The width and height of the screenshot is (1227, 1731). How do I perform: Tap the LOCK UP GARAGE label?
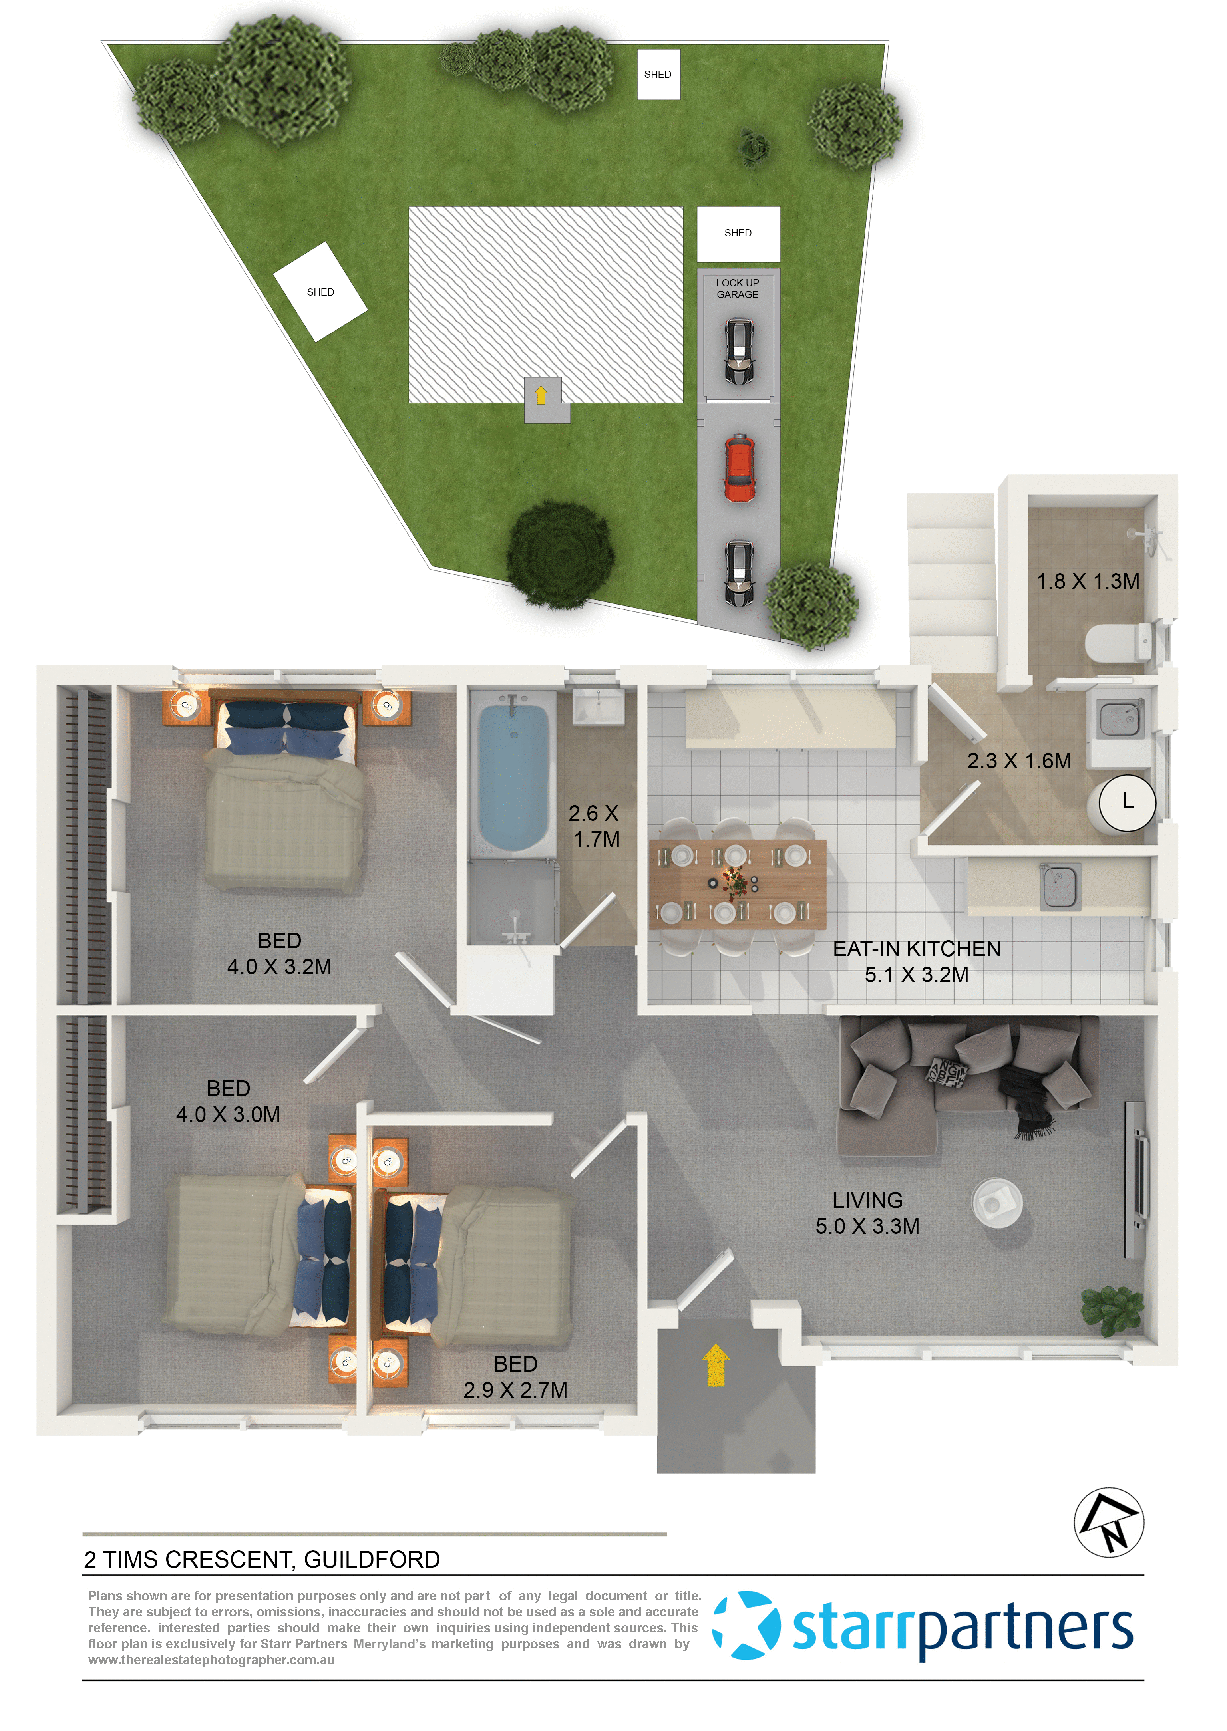[x=738, y=288]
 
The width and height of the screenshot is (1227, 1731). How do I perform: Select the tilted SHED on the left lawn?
[x=320, y=292]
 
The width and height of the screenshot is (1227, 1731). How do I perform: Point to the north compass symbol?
[x=1108, y=1522]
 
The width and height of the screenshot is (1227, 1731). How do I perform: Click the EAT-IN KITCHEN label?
[x=917, y=949]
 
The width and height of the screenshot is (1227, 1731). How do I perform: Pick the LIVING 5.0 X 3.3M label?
[x=867, y=1213]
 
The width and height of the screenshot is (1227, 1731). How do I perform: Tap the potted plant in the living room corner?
[x=1112, y=1311]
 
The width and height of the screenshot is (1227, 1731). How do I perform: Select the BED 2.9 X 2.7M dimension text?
[x=515, y=1390]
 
